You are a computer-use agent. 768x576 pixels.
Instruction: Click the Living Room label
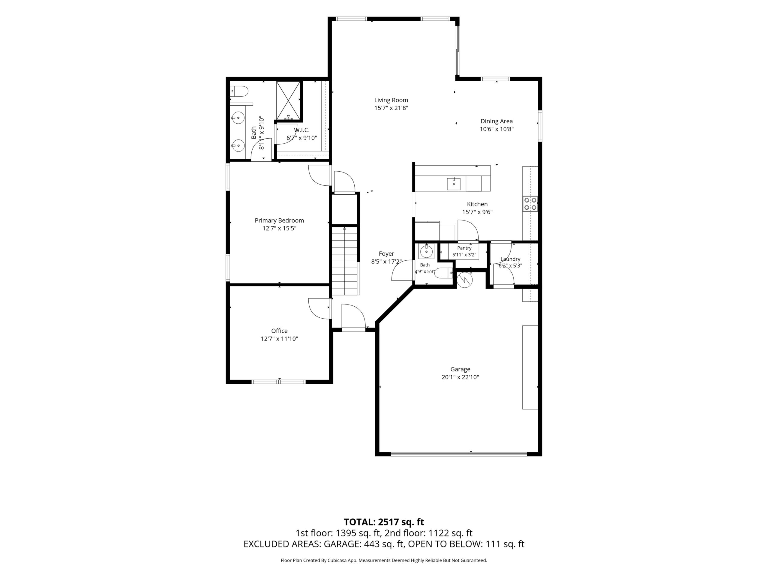point(391,100)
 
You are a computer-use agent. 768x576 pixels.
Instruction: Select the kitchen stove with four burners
point(530,204)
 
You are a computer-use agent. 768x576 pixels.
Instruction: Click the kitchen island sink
point(453,184)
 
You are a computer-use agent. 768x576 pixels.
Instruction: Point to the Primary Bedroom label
point(279,220)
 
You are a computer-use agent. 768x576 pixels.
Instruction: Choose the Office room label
point(279,331)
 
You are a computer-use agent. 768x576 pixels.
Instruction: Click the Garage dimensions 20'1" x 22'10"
point(460,377)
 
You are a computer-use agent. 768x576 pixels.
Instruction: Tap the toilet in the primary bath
point(240,91)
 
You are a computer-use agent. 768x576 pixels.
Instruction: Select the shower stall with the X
point(288,100)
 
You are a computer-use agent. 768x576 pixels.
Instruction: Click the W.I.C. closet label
point(302,130)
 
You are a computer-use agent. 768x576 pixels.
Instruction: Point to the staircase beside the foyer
point(345,260)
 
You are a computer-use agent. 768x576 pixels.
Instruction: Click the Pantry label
point(464,248)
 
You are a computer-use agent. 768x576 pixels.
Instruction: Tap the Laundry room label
point(510,259)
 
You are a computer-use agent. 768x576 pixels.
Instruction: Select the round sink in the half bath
point(426,251)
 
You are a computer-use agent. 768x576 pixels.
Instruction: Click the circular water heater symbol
point(465,280)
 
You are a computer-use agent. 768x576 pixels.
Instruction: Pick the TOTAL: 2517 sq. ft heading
point(384,522)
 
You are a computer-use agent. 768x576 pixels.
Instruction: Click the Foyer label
point(386,254)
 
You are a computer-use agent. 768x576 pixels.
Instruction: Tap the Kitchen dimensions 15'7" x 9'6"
point(477,212)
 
